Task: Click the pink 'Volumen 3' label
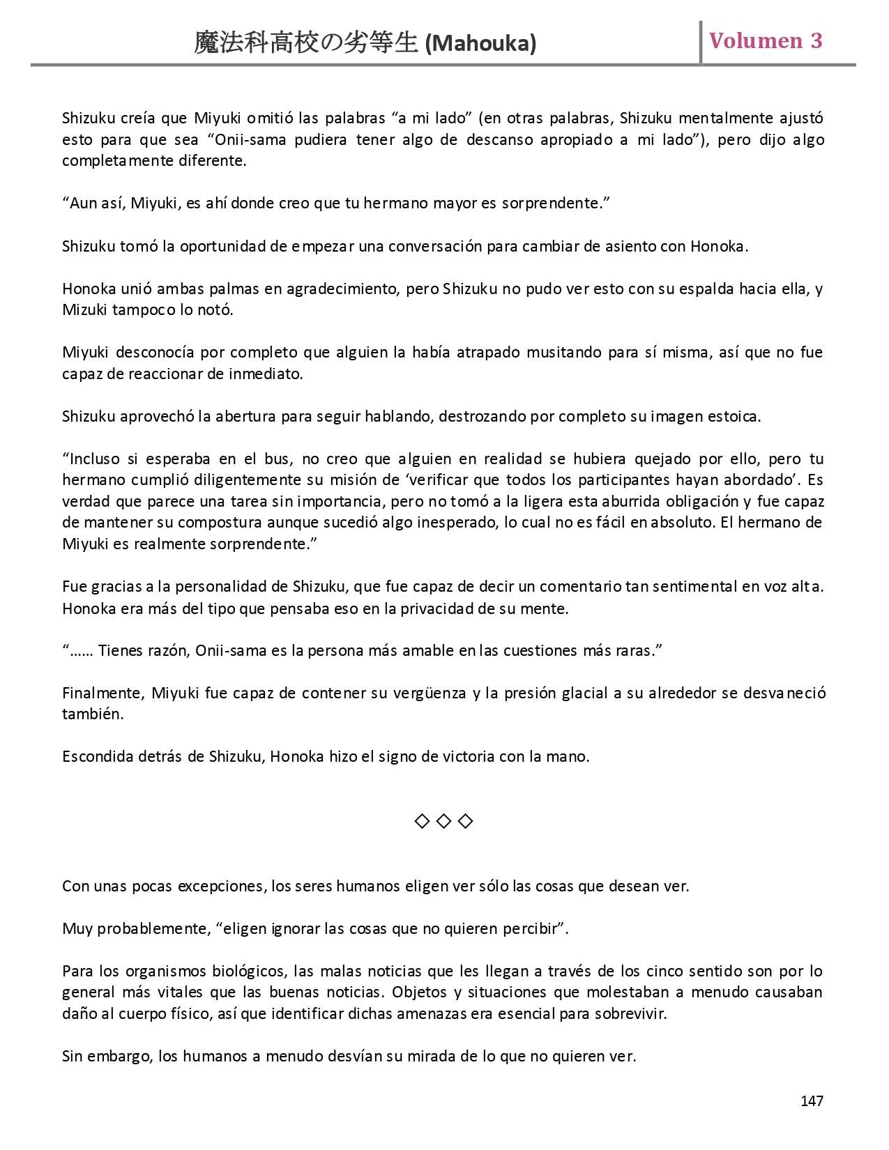click(x=766, y=40)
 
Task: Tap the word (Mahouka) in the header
click(x=480, y=44)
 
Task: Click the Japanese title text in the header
click(x=306, y=43)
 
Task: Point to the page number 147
click(x=812, y=1101)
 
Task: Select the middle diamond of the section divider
click(x=443, y=821)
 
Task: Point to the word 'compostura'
click(x=206, y=522)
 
